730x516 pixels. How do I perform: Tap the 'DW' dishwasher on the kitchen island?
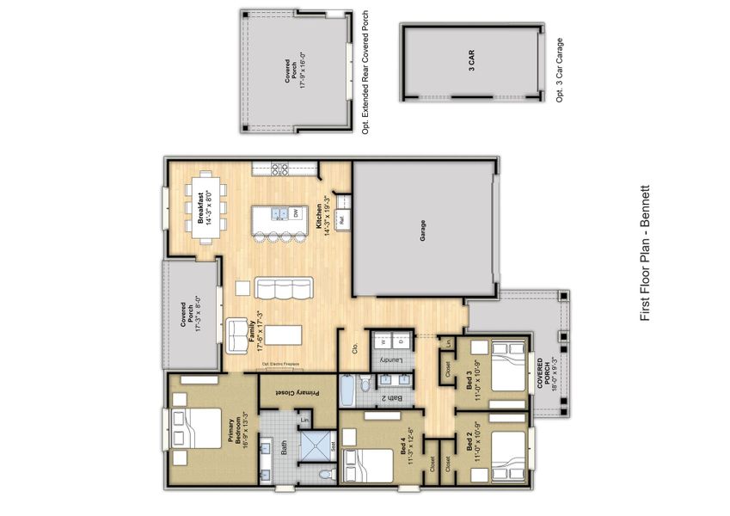pos(295,212)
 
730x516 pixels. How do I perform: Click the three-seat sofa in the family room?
pos(284,288)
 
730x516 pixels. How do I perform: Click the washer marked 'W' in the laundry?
pos(383,341)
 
